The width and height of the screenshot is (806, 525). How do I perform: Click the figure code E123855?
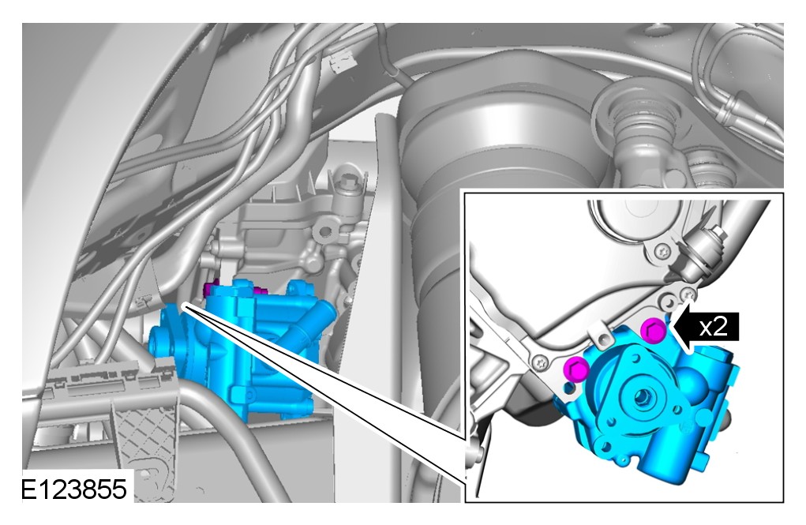tap(73, 489)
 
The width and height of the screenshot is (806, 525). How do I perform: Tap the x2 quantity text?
tap(714, 327)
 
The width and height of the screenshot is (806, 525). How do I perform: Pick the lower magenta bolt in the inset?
tap(575, 369)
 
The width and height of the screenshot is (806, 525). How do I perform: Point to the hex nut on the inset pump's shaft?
tap(641, 396)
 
